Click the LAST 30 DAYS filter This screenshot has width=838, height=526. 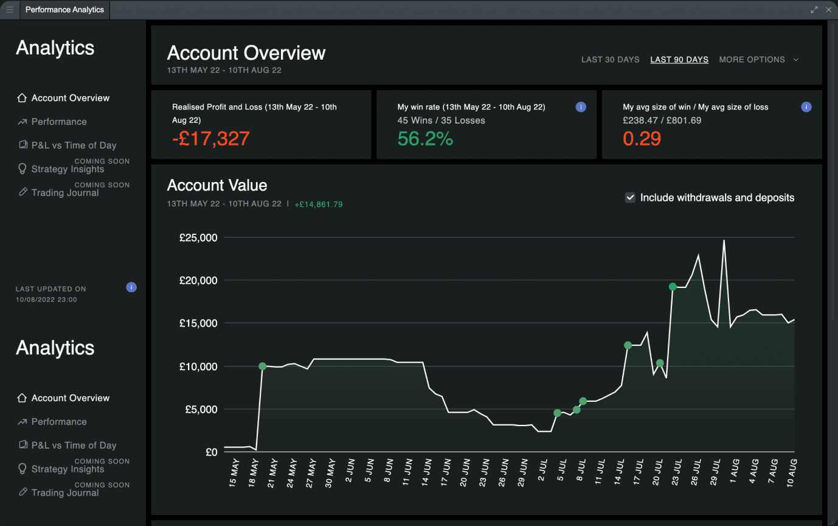click(x=610, y=60)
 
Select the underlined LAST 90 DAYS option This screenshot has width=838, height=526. click(x=679, y=60)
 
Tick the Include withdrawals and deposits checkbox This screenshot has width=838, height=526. click(x=631, y=197)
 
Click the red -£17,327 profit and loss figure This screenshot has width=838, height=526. click(x=210, y=139)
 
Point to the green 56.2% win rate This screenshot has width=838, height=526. click(x=425, y=139)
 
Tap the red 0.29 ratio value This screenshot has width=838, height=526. click(x=642, y=139)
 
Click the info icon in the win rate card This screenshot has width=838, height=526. click(x=581, y=107)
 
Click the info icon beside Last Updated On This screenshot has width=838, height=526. click(x=131, y=287)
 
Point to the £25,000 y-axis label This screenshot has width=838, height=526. click(x=198, y=237)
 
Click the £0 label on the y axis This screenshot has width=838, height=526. click(x=211, y=452)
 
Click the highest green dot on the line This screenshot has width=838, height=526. click(x=673, y=287)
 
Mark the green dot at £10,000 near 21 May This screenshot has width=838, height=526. click(x=262, y=366)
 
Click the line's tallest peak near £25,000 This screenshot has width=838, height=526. click(x=724, y=240)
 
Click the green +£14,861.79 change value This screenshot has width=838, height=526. click(x=318, y=205)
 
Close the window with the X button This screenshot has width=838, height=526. click(x=828, y=10)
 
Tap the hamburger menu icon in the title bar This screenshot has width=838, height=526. click(x=10, y=10)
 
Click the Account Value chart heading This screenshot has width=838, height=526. click(x=217, y=185)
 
